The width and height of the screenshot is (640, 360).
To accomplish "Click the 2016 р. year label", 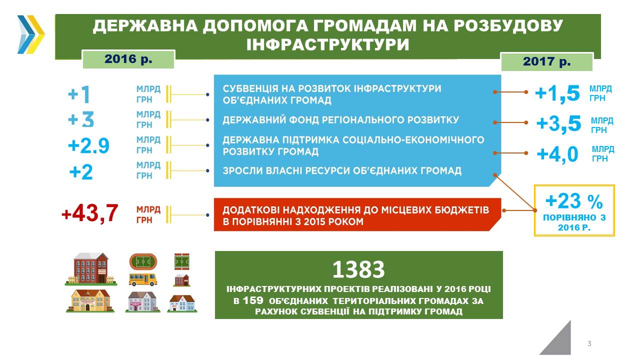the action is (x=128, y=59).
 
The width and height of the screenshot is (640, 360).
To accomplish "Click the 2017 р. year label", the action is (x=546, y=61).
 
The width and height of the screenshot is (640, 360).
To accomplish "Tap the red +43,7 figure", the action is (x=89, y=213).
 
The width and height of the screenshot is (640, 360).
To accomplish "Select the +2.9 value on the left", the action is (x=88, y=145).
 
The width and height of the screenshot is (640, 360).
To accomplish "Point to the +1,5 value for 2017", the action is (x=557, y=93).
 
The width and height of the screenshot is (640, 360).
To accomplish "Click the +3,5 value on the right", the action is (x=558, y=124).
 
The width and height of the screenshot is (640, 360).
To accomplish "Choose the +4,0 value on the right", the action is (x=557, y=154).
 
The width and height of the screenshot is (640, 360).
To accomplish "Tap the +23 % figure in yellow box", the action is (x=574, y=201).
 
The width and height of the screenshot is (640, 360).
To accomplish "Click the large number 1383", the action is (x=358, y=269).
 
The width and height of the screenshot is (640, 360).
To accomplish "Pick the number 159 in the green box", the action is (x=253, y=300).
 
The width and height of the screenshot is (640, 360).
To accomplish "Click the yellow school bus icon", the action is (x=142, y=279).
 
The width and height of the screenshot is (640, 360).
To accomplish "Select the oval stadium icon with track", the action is (x=143, y=261).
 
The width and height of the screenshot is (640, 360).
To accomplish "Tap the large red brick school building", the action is (x=91, y=269).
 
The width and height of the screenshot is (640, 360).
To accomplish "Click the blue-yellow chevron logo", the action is (x=31, y=34).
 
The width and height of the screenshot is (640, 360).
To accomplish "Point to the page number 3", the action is (x=589, y=343).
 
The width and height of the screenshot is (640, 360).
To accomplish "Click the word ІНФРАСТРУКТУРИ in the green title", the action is (x=327, y=45).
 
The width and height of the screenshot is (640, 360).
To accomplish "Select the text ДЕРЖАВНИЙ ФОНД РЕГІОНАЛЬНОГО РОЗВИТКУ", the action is (x=341, y=119).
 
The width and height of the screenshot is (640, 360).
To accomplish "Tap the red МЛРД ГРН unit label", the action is (x=148, y=215).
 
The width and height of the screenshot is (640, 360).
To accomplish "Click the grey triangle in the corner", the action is (x=560, y=341).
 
